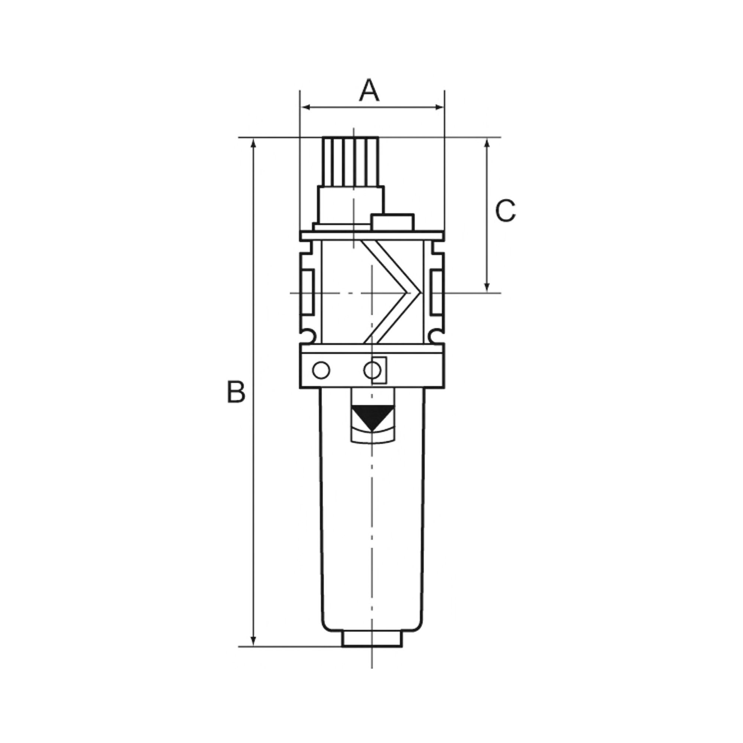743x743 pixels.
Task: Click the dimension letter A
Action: click(x=369, y=91)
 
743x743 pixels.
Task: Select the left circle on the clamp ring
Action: click(x=321, y=371)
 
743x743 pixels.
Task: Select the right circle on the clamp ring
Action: click(x=372, y=371)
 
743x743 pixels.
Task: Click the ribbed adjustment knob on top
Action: click(x=350, y=162)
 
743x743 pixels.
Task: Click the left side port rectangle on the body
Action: click(x=308, y=292)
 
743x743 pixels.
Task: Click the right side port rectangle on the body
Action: click(x=437, y=292)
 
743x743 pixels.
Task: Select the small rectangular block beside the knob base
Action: click(x=392, y=223)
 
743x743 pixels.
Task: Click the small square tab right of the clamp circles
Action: click(x=380, y=370)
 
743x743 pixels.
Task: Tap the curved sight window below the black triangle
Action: click(x=372, y=438)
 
